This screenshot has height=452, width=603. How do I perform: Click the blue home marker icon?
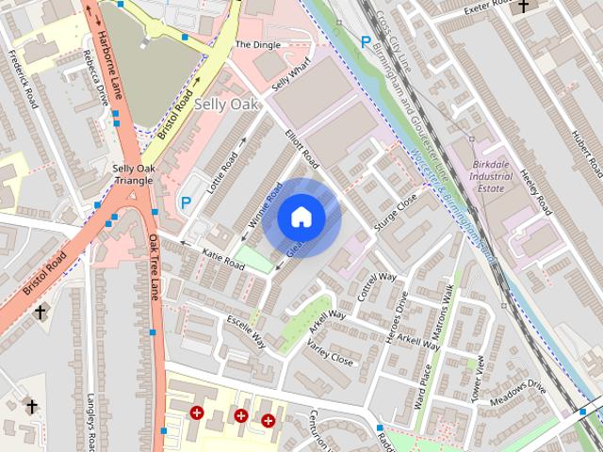point(301,218)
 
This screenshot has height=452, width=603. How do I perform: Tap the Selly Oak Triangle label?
point(132,174)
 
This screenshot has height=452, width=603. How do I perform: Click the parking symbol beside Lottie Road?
point(187,202)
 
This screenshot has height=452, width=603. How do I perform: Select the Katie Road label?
point(223,261)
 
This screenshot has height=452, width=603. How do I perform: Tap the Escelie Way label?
point(246,332)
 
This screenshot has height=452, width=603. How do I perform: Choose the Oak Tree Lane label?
point(155,267)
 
